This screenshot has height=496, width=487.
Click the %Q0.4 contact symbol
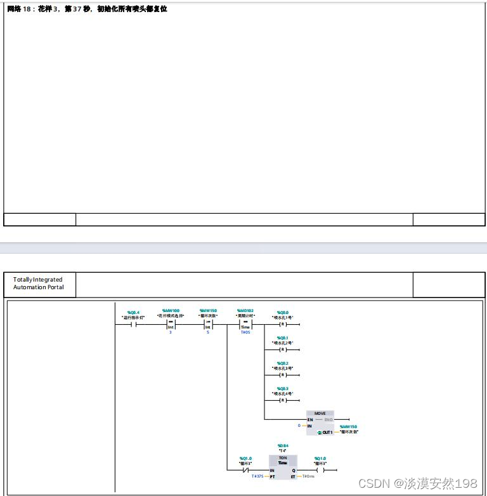click(134, 323)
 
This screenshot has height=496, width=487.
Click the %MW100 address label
click(171, 311)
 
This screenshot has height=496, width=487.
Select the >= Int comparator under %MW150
click(207, 324)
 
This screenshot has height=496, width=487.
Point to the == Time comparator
click(245, 324)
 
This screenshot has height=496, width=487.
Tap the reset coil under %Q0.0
click(283, 323)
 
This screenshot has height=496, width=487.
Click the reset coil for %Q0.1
click(283, 349)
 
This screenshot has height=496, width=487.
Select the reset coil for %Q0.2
click(283, 374)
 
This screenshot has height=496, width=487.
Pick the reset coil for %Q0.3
click(283, 400)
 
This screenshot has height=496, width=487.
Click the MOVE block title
click(320, 414)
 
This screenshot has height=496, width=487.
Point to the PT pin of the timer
click(273, 476)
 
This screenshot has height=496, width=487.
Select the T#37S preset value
click(257, 476)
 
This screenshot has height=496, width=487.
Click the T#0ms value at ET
click(308, 476)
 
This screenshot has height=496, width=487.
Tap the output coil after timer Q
click(320, 470)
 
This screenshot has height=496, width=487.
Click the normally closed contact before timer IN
click(245, 470)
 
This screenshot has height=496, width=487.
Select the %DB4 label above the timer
click(283, 446)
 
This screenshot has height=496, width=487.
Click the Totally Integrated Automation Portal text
click(38, 284)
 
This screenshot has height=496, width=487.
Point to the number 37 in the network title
click(77, 10)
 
